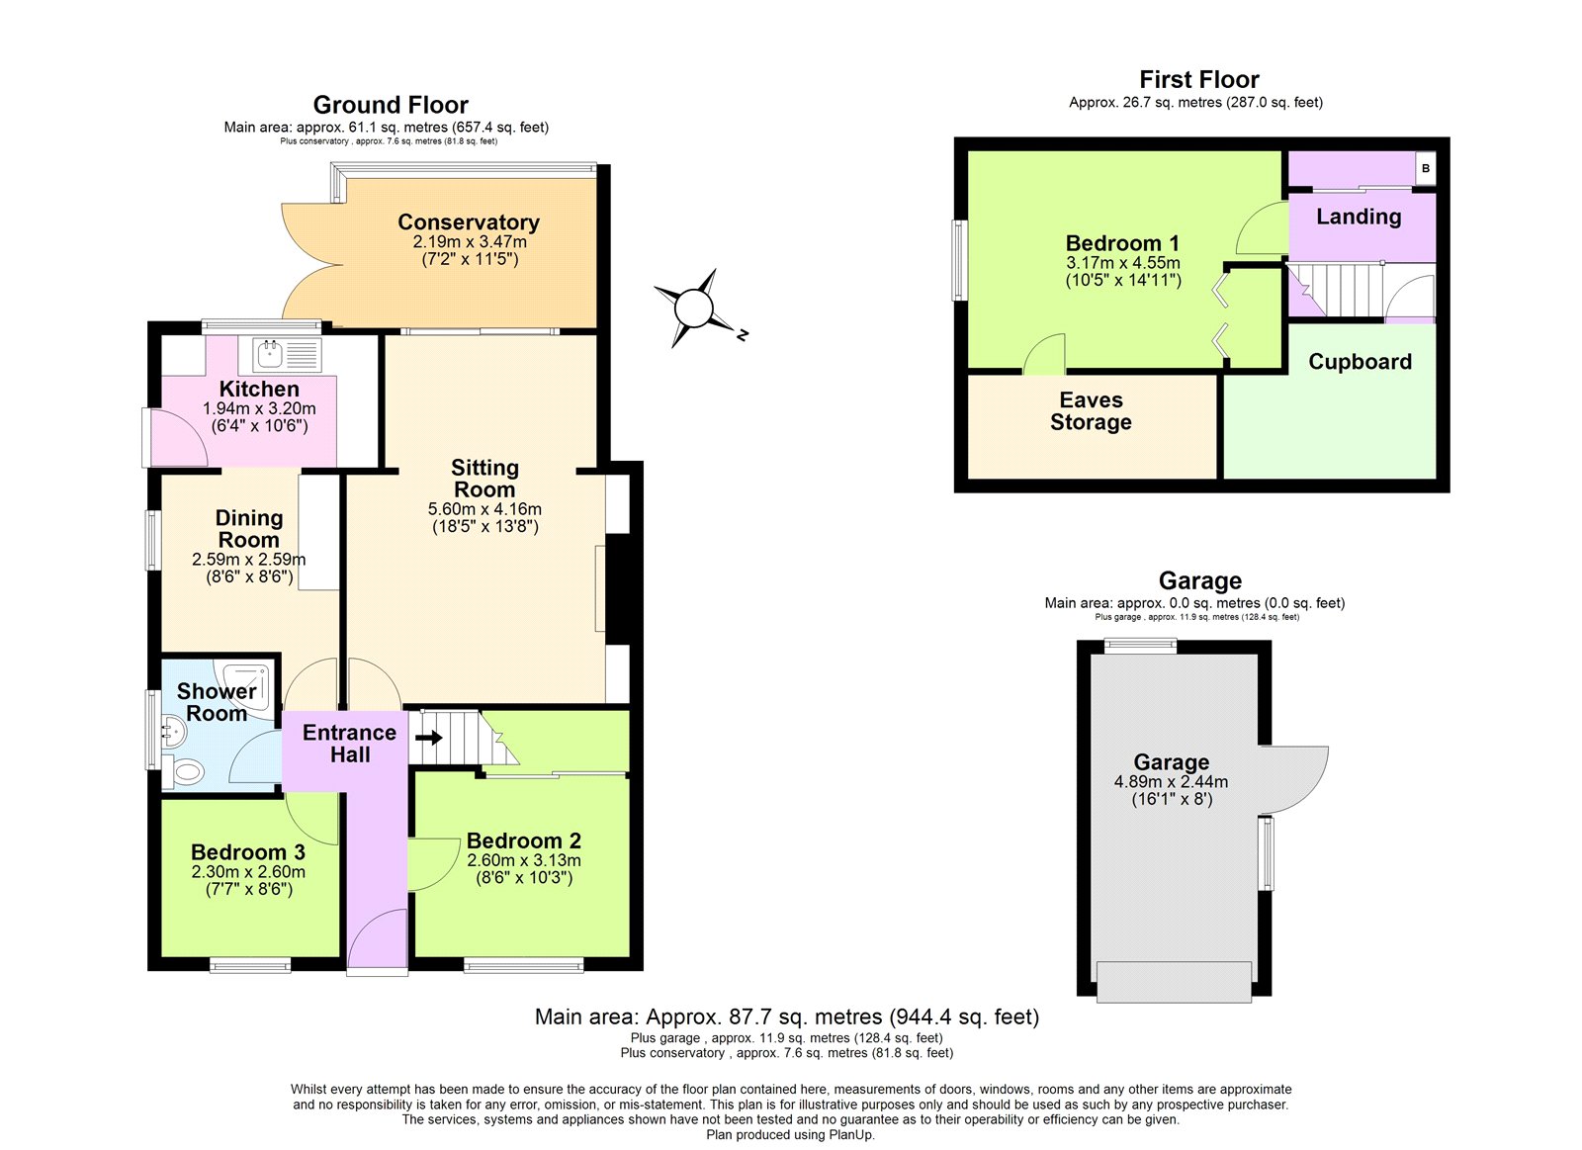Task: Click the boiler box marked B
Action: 1425,168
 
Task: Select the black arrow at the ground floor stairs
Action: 429,738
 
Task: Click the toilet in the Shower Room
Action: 185,770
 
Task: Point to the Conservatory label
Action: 469,222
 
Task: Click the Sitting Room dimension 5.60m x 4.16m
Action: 484,509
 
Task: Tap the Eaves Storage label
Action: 1091,411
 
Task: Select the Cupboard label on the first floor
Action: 1360,362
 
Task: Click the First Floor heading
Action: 1198,80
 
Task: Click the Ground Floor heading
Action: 391,105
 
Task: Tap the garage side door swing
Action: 1295,776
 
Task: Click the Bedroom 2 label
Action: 523,840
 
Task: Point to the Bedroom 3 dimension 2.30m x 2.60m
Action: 248,872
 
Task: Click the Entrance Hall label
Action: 349,744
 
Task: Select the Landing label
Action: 1359,217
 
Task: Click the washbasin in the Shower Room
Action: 174,733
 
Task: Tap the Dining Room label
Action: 249,529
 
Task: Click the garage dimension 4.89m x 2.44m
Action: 1171,782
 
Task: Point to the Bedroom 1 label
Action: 1122,243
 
